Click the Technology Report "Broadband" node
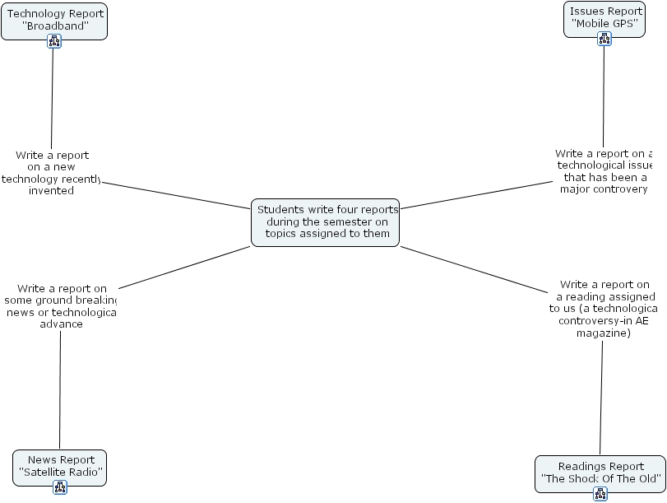pyautogui.click(x=54, y=20)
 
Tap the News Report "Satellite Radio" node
pyautogui.click(x=60, y=466)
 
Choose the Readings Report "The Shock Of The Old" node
pyautogui.click(x=600, y=472)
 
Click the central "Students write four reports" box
pyautogui.click(x=326, y=221)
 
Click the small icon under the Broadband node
pyautogui.click(x=54, y=41)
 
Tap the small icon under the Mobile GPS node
pyautogui.click(x=604, y=39)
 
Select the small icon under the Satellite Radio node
pyautogui.click(x=60, y=487)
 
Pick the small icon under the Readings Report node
pyautogui.click(x=600, y=494)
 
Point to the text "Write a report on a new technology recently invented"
pyautogui.click(x=51, y=173)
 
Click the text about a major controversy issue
pyautogui.click(x=604, y=171)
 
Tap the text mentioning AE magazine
pyautogui.click(x=603, y=309)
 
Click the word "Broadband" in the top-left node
pyautogui.click(x=55, y=26)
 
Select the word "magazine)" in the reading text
pyautogui.click(x=603, y=333)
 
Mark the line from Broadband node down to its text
pyautogui.click(x=53, y=99)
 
